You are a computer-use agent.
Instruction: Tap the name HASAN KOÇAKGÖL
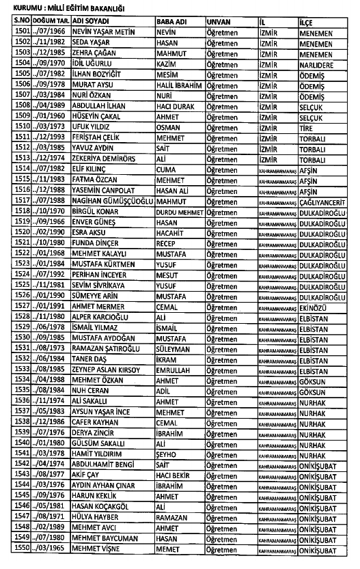point(106,506)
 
